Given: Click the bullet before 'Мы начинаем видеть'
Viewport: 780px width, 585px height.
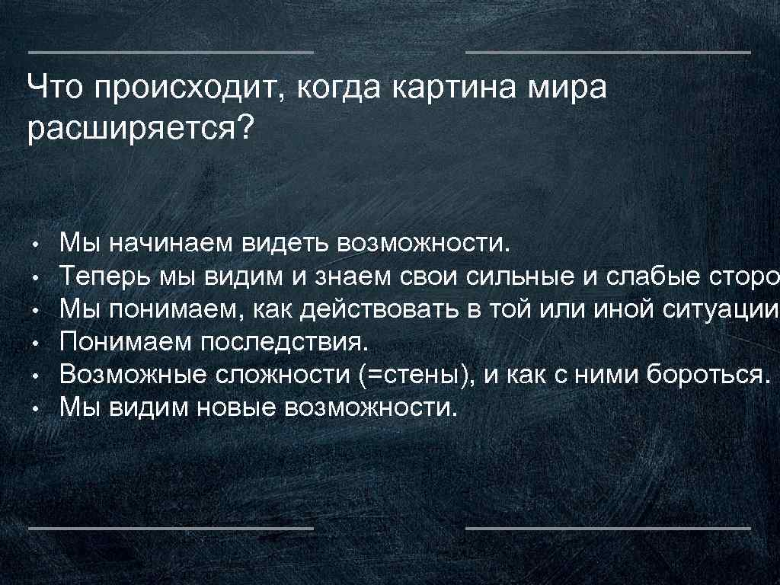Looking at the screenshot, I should click(x=35, y=247).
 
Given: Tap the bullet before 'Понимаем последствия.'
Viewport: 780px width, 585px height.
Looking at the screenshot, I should click(x=35, y=344).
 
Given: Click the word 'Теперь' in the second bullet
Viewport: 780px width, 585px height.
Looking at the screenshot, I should click(x=105, y=277).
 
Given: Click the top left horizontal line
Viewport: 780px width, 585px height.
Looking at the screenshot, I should click(x=171, y=53).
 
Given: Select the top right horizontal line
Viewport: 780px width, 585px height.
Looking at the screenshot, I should click(x=607, y=53).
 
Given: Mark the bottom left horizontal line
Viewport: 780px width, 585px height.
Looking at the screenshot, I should click(x=171, y=527).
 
